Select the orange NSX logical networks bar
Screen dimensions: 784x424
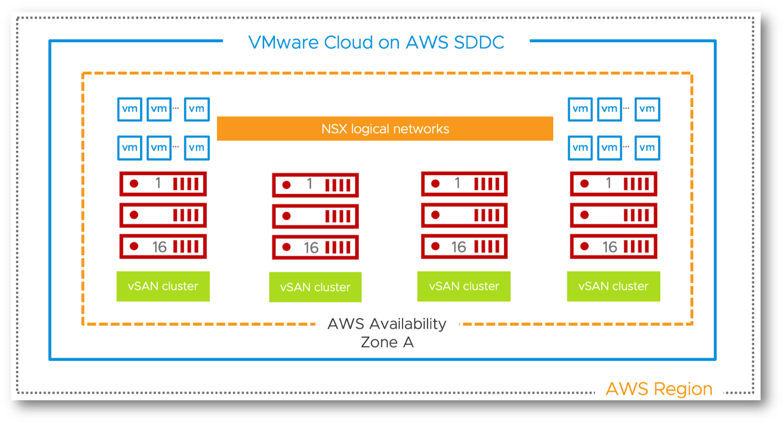(x=385, y=128)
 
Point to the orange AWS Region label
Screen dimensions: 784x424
(x=659, y=389)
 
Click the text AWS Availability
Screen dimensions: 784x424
(x=387, y=324)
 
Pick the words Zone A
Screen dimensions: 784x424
(x=387, y=342)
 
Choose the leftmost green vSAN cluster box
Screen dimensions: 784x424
(x=163, y=286)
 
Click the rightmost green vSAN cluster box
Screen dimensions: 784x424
(x=613, y=286)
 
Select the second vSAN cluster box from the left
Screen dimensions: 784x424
(x=316, y=287)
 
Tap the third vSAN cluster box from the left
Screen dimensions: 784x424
(x=464, y=286)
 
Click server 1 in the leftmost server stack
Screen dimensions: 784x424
(x=163, y=184)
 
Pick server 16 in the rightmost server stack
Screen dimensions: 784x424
(x=613, y=247)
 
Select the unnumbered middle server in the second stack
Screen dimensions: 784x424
(x=316, y=216)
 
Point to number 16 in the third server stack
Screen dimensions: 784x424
(x=459, y=247)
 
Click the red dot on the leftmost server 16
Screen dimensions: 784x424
(x=134, y=247)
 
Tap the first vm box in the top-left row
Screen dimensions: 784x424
(x=129, y=109)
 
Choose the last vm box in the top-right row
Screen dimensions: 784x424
(x=647, y=109)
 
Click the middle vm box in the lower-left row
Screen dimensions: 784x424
(x=159, y=148)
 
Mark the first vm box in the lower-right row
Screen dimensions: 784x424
(x=580, y=148)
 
